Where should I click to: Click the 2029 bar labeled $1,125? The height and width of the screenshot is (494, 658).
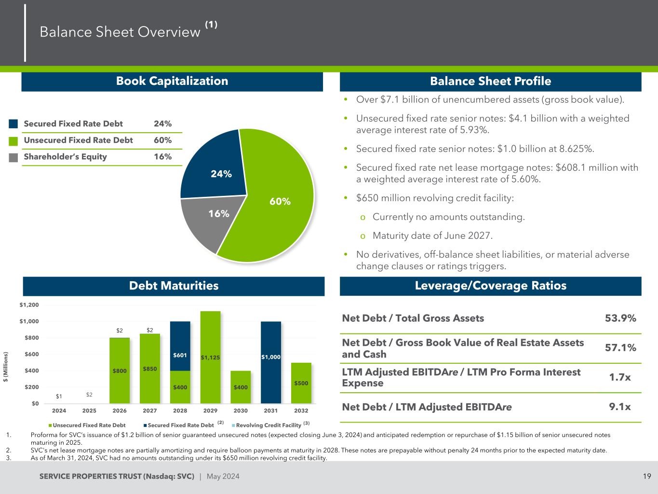coord(211,357)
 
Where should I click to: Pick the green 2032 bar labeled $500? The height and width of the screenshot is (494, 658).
coord(301,383)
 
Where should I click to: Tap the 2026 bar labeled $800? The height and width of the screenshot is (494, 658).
coord(120,370)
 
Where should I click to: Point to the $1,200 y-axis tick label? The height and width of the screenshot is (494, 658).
coord(29,305)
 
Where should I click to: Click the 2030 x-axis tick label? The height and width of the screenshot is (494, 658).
coord(241,411)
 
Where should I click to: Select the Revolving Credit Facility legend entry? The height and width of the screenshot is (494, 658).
coord(269,425)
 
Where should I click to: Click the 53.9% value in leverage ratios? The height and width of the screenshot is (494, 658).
coord(620,318)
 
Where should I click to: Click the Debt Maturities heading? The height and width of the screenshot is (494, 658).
coord(174,286)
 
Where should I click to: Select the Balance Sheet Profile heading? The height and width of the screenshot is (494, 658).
coord(490,81)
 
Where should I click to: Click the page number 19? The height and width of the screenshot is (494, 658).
coord(647,477)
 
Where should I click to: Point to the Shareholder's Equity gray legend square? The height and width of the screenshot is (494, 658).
coord(13,157)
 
